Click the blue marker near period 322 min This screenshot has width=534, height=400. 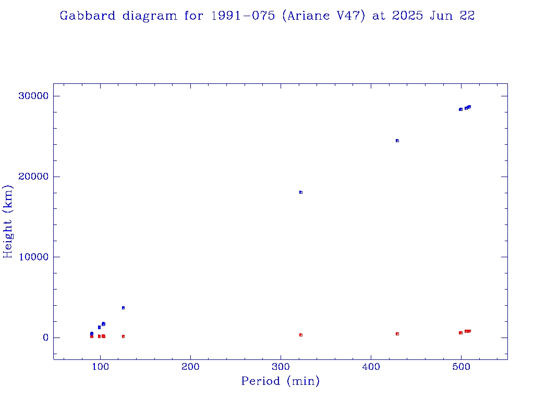301,192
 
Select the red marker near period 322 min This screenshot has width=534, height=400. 301,335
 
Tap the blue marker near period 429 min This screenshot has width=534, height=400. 397,141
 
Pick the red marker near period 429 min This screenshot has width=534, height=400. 397,334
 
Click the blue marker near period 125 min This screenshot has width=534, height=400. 123,308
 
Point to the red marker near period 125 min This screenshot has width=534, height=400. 123,336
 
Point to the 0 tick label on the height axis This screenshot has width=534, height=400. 45,338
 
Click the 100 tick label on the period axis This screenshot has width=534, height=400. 101,368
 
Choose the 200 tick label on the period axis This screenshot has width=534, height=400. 191,368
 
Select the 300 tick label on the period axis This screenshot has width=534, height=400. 281,368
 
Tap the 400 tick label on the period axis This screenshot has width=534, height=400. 371,368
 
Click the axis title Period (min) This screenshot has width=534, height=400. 281,382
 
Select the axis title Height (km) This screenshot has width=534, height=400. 8,221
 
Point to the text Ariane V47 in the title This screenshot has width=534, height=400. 323,16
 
